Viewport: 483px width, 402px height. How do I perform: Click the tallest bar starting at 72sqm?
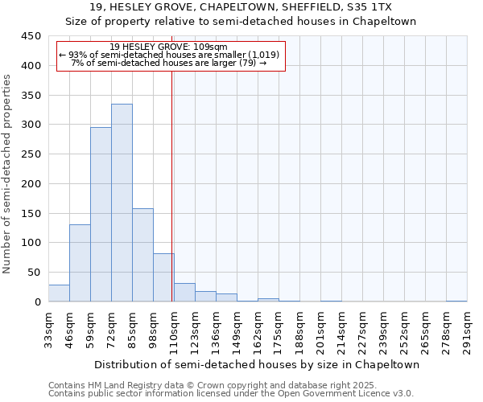[x=122, y=203]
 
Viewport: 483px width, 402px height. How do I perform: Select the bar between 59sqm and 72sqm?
[x=101, y=215]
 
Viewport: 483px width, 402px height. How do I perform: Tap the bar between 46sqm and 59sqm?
[x=80, y=263]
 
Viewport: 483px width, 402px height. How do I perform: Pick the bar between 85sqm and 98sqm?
[x=142, y=255]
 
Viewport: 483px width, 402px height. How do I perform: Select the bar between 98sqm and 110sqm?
[x=163, y=277]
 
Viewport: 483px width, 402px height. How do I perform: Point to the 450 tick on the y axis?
[x=31, y=36]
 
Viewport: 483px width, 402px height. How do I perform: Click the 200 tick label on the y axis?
[x=31, y=184]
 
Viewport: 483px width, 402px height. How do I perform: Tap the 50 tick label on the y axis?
[x=34, y=273]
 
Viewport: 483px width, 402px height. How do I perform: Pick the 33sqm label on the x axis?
[x=48, y=330]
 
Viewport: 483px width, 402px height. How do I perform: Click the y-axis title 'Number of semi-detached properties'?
[x=8, y=174]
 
